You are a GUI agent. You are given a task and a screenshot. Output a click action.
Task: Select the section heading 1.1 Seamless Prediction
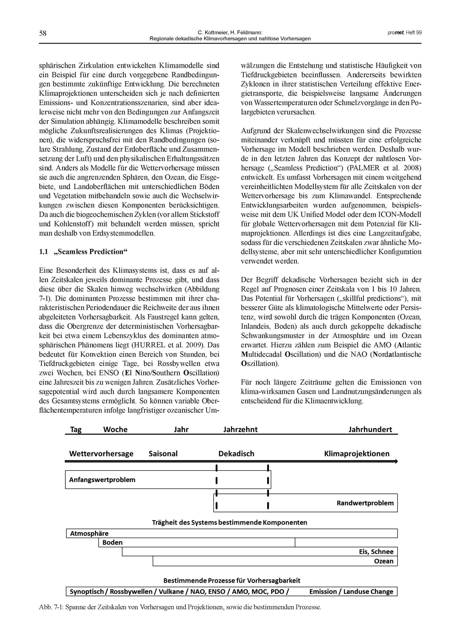tap(83, 252)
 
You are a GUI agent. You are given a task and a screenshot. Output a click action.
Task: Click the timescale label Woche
tap(115, 430)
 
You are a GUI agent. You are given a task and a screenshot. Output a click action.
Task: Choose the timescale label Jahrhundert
tap(370, 430)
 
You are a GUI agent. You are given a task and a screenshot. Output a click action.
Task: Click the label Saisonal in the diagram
tap(163, 454)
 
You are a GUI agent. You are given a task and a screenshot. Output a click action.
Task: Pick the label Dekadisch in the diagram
tap(236, 454)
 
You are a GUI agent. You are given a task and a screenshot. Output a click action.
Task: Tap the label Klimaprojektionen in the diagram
tap(356, 454)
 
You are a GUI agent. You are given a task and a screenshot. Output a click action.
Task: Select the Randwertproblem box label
tap(365, 503)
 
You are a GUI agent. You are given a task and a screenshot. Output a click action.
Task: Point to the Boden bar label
tap(112, 542)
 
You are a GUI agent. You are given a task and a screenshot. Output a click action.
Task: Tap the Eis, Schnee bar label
tap(376, 552)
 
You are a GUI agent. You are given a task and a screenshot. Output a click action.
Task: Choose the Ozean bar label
tap(384, 561)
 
